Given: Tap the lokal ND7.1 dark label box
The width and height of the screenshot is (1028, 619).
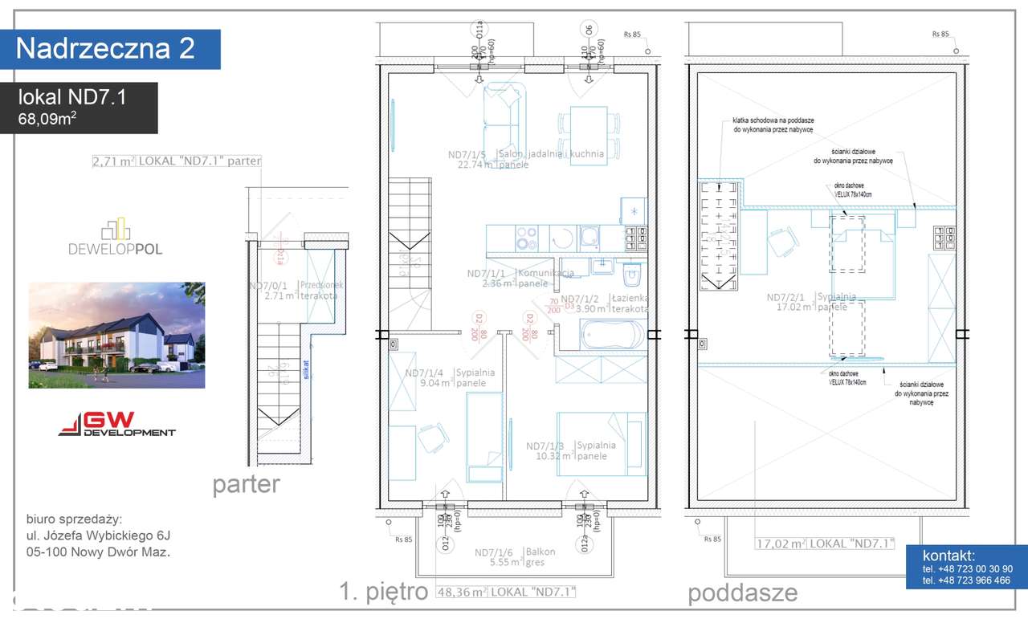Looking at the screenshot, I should pyautogui.click(x=79, y=108).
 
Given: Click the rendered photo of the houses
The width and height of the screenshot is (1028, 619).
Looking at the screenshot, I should pyautogui.click(x=116, y=335).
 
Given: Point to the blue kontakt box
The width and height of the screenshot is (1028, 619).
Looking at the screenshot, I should pyautogui.click(x=966, y=567).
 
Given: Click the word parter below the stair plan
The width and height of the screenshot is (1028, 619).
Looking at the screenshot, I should pyautogui.click(x=246, y=485).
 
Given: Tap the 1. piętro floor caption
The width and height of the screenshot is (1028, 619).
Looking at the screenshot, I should pyautogui.click(x=382, y=593).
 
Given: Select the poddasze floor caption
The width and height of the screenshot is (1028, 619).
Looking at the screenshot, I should pyautogui.click(x=742, y=593).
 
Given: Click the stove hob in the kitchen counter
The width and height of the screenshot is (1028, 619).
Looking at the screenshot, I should pyautogui.click(x=526, y=238).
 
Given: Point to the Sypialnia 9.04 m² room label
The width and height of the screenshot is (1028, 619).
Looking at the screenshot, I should pyautogui.click(x=450, y=377).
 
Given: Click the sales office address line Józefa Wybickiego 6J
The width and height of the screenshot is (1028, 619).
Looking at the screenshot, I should pyautogui.click(x=98, y=535).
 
